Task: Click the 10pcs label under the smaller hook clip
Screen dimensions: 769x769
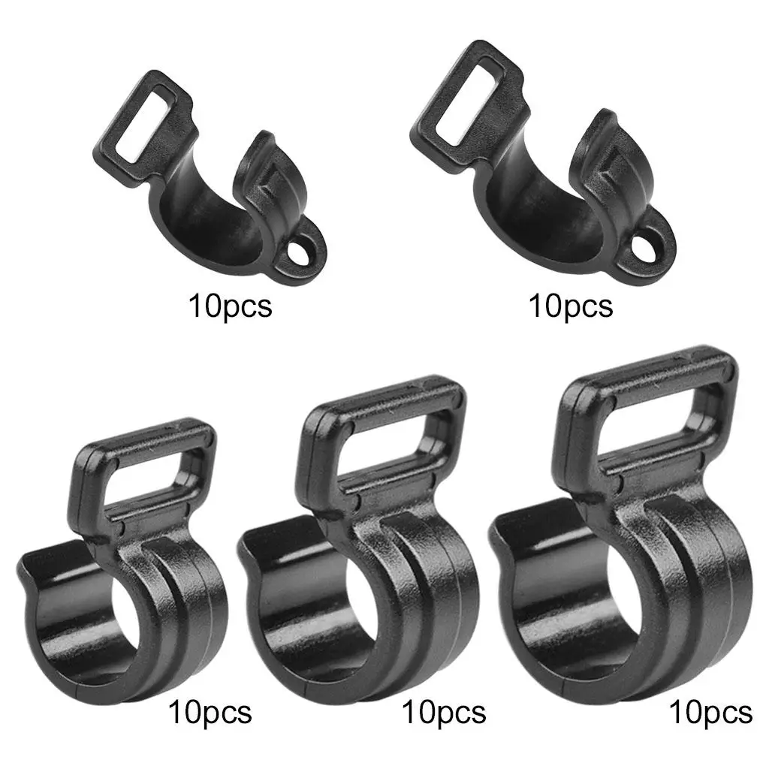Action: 230,307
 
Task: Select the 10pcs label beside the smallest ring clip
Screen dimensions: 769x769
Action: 210,711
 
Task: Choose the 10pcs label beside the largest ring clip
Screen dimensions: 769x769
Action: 710,711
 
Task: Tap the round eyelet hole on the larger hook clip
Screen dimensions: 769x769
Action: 645,246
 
